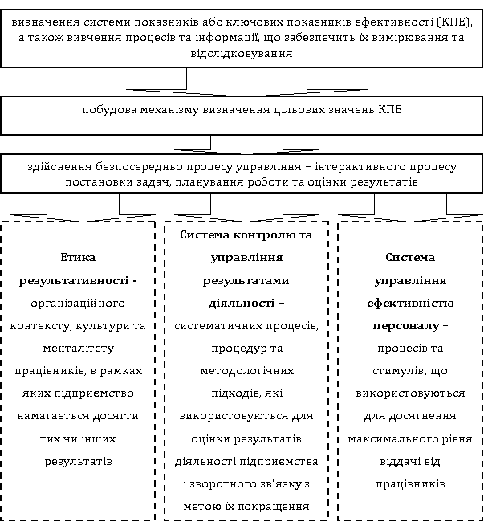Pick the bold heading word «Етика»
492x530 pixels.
pyautogui.click(x=78, y=258)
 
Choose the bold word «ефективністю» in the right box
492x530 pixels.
pyautogui.click(x=410, y=304)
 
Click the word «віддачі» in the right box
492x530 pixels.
pyautogui.click(x=393, y=462)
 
